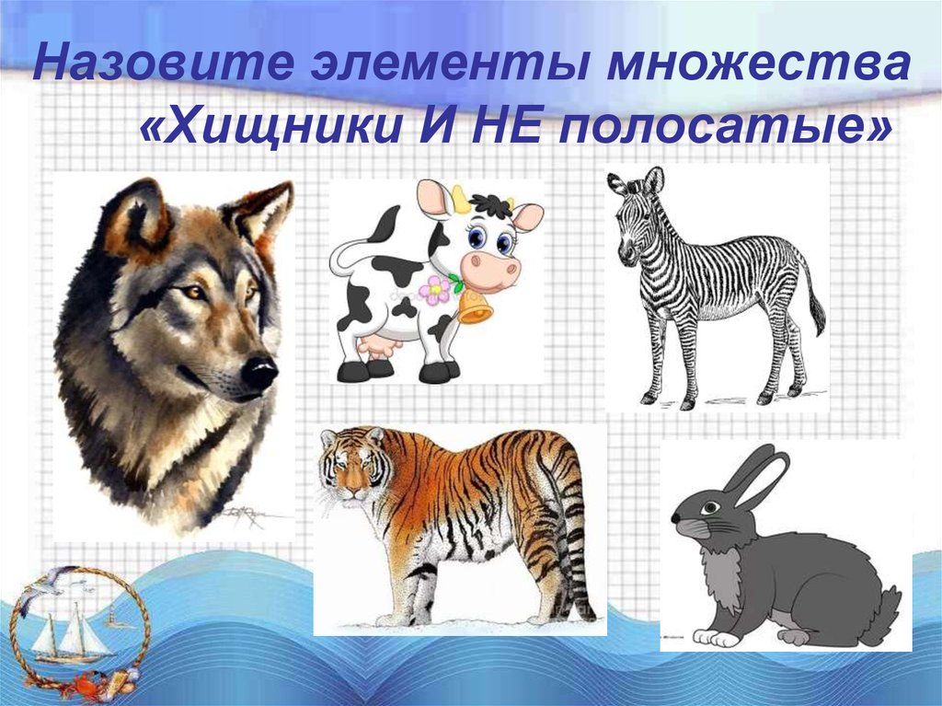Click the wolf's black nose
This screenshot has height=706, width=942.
click(259, 372)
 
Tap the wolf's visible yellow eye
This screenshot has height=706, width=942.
click(194, 293)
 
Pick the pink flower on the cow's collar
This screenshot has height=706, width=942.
click(433, 291)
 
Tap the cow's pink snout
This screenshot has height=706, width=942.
click(490, 269)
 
